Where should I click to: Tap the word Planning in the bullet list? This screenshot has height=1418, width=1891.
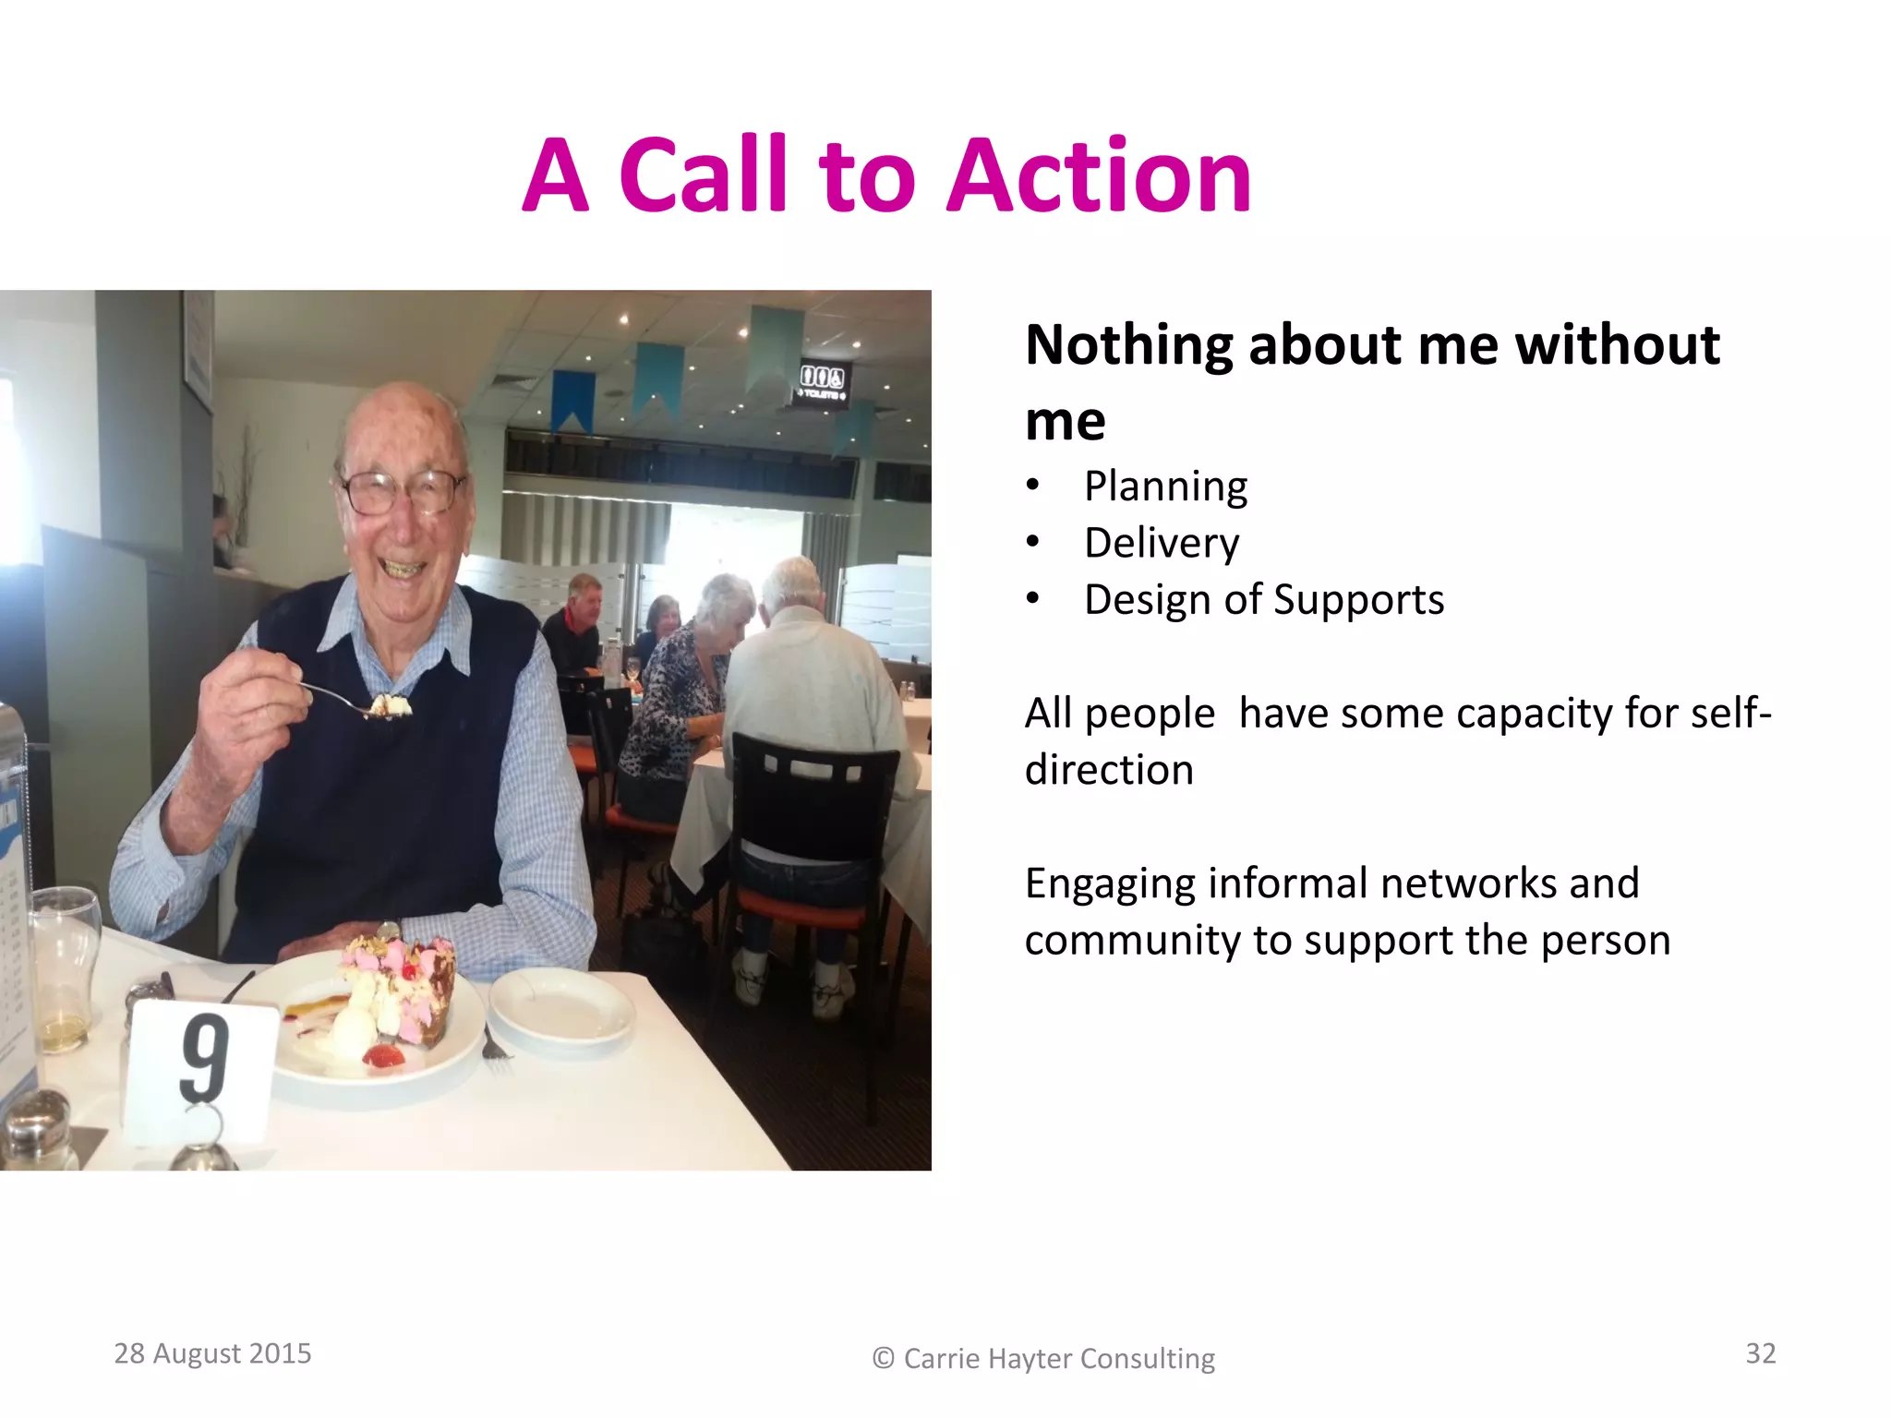click(x=1165, y=487)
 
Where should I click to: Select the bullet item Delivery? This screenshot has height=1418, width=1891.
click(x=1162, y=543)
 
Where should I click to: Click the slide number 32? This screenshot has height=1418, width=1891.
click(x=1760, y=1353)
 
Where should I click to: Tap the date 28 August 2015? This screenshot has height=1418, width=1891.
click(x=212, y=1353)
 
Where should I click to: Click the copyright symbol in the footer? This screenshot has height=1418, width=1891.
click(x=883, y=1358)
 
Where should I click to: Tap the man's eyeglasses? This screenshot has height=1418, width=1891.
click(x=403, y=491)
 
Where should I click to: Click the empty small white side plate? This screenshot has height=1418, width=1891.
click(x=561, y=1008)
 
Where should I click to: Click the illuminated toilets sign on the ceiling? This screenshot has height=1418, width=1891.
click(x=821, y=382)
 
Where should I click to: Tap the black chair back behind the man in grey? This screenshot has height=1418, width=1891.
click(x=813, y=794)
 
